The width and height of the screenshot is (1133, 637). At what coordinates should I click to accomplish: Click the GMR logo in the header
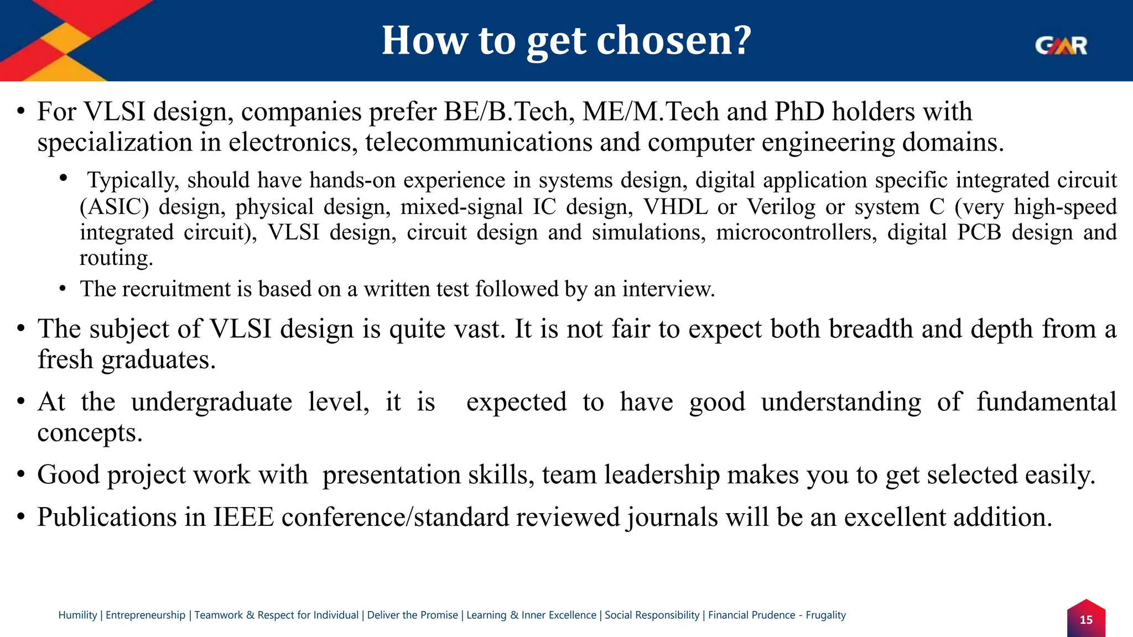point(1061,45)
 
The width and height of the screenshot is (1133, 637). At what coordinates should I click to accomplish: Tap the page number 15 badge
point(1086,620)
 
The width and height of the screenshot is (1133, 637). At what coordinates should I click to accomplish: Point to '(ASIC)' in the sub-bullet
point(115,207)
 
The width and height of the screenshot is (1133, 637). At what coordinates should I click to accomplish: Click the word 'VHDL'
point(675,207)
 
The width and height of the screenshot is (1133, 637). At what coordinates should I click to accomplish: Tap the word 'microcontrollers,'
point(797,232)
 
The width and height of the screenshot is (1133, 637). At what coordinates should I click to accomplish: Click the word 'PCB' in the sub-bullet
point(979,232)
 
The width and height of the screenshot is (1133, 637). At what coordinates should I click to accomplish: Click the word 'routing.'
point(116,258)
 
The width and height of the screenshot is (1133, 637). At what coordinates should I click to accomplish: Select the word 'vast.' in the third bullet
point(480,329)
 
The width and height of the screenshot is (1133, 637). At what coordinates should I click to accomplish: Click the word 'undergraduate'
point(211,402)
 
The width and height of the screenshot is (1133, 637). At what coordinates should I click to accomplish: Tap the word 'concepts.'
point(90,433)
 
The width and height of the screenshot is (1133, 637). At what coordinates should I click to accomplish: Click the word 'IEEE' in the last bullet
point(244,518)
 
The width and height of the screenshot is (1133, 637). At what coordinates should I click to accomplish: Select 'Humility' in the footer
point(77,615)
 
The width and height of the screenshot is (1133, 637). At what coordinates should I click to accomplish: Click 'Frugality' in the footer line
point(825,615)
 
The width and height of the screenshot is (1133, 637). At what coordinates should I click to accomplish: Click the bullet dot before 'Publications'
point(21,518)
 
